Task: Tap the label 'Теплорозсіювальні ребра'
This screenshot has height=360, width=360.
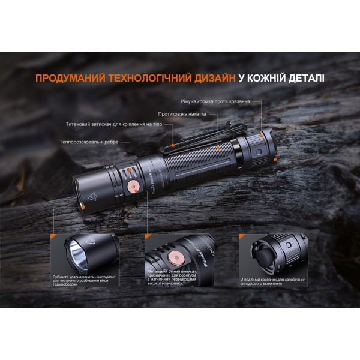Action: pos(89,142)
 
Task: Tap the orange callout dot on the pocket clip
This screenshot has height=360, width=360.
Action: pos(172,145)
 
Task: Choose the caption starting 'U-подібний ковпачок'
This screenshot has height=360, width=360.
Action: pos(271,278)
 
